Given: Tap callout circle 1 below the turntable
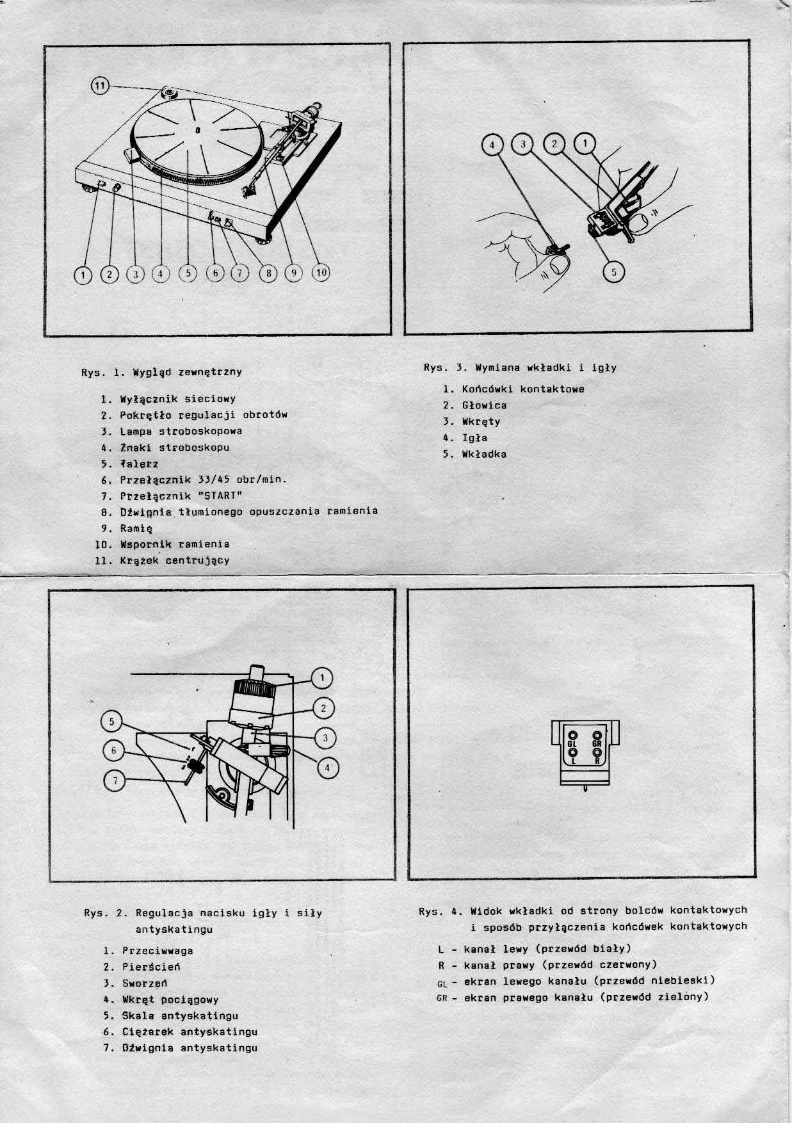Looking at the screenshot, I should click(x=83, y=275).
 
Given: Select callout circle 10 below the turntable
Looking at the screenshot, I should click(x=320, y=273).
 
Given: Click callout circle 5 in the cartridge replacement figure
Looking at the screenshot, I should click(x=613, y=272).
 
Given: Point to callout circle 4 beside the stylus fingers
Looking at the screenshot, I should click(x=492, y=145).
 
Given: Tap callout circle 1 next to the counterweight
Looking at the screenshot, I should click(x=321, y=678).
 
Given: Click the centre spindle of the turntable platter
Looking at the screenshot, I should click(x=197, y=130).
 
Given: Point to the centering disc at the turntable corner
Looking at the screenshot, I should click(x=170, y=94).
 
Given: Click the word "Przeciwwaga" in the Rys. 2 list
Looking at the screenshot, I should click(x=158, y=951).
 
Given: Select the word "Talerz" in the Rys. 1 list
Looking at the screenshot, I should click(x=139, y=464).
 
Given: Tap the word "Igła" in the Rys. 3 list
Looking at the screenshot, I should click(x=474, y=438).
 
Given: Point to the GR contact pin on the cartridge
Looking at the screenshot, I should click(x=597, y=736).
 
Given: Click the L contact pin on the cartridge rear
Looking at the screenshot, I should click(x=573, y=754).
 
